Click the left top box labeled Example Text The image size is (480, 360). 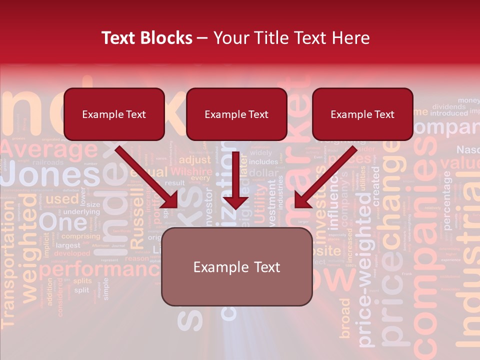114,114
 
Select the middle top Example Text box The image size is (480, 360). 236,114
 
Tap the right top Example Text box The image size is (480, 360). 362,114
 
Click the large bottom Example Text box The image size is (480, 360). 236,267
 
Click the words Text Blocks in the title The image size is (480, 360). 146,38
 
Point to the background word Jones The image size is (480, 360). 50,176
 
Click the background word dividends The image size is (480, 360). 448,106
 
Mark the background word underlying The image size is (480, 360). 82,212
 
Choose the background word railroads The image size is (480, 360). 48,162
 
